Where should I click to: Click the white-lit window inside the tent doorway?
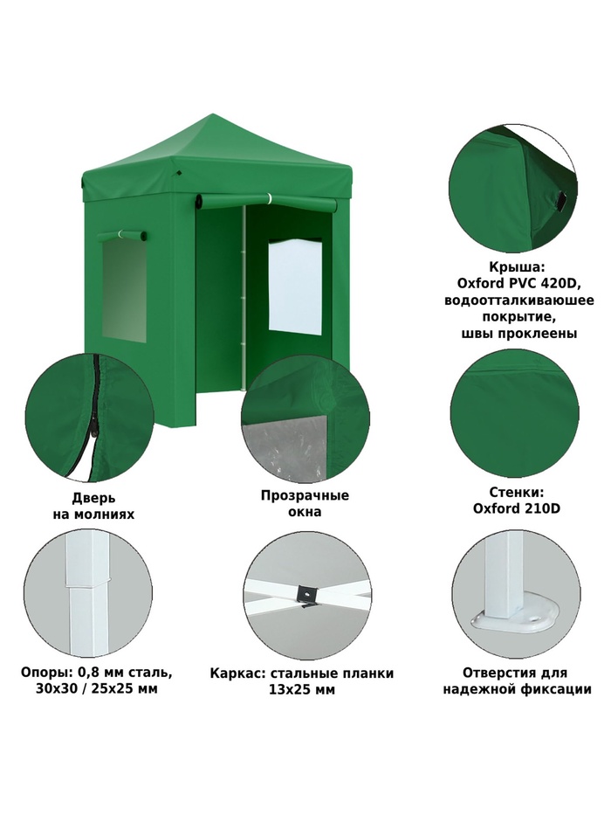pyautogui.click(x=295, y=287)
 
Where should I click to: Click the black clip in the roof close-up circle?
pyautogui.click(x=561, y=201)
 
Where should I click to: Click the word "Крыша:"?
pyautogui.click(x=517, y=266)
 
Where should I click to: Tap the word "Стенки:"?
pyautogui.click(x=516, y=492)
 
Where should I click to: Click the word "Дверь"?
pyautogui.click(x=93, y=498)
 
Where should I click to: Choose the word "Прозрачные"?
pyautogui.click(x=305, y=495)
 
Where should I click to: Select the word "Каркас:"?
pyautogui.click(x=237, y=673)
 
